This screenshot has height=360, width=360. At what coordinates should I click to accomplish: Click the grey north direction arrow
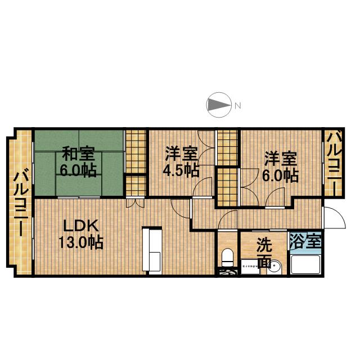(x=219, y=104)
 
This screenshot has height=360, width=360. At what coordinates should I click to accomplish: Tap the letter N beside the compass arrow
(x=238, y=105)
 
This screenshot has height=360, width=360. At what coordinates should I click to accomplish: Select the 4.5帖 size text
(x=181, y=170)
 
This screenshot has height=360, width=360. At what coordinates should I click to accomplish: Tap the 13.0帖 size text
(x=81, y=244)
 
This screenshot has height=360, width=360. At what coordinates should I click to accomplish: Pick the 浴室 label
(x=305, y=241)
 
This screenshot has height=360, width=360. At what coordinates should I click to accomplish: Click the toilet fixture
(x=228, y=257)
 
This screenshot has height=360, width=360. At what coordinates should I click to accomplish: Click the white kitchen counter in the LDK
(x=154, y=251)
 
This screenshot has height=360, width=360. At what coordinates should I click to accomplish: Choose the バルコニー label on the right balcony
(x=332, y=163)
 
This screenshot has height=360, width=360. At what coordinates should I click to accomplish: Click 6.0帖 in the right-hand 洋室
(x=280, y=175)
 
